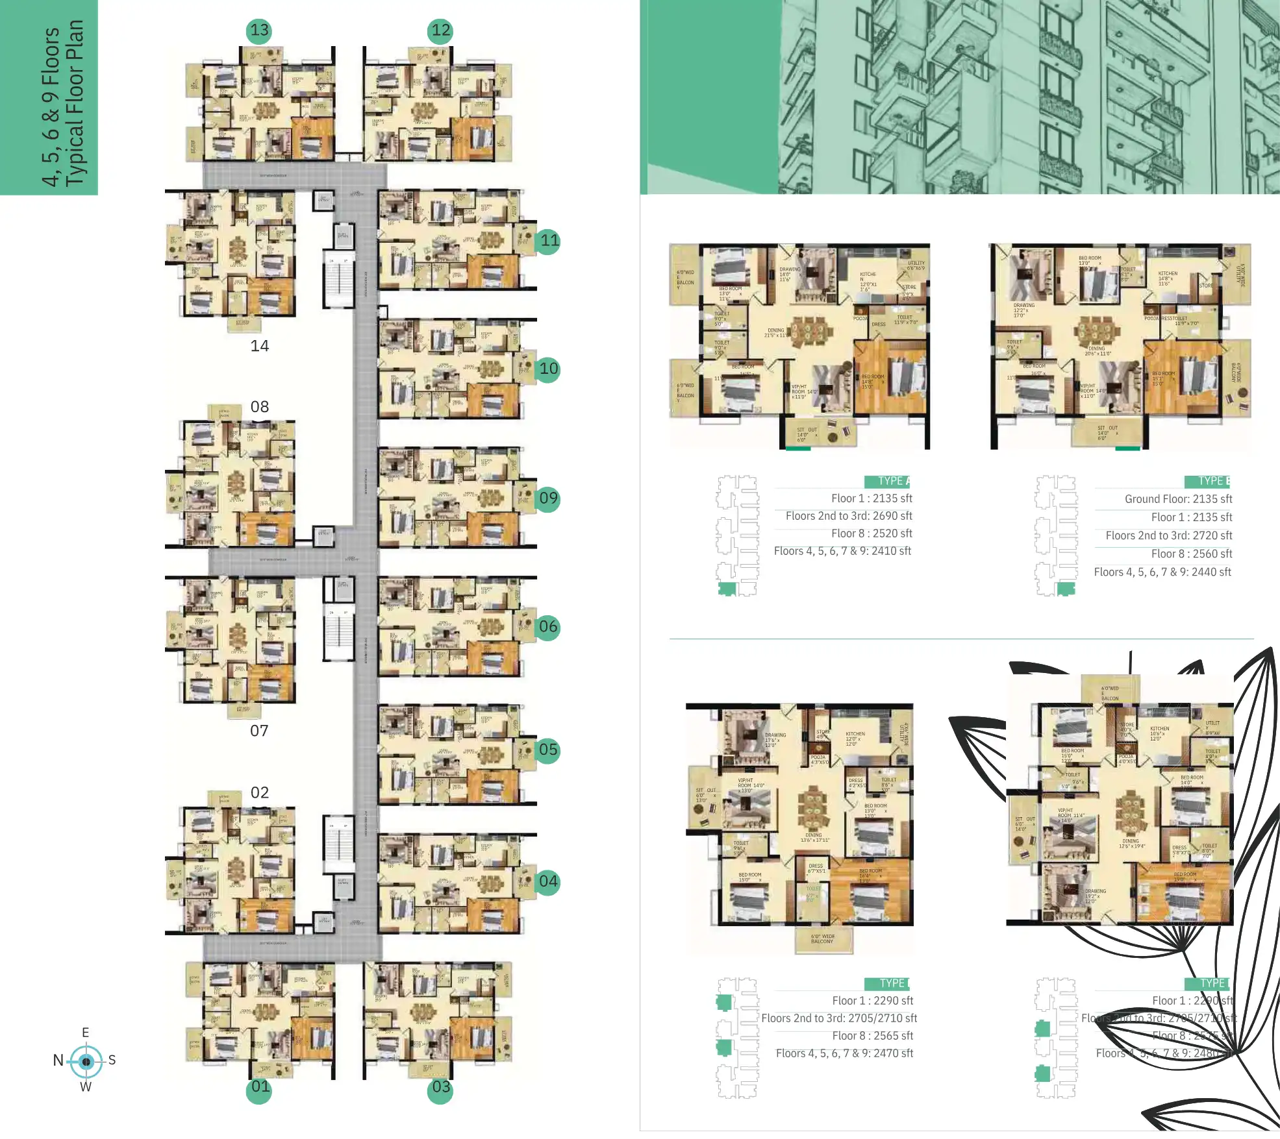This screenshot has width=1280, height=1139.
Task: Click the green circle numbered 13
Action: pos(259,31)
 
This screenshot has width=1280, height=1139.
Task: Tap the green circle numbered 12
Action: pos(440,31)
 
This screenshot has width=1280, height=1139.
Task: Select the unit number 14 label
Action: pos(259,346)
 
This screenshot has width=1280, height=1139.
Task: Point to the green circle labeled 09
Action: pos(548,498)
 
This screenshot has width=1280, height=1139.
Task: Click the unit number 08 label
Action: pos(259,407)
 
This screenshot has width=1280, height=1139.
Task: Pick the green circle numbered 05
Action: pos(548,750)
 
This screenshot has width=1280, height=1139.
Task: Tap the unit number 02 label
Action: pos(259,792)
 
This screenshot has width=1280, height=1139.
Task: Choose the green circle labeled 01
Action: pos(260,1087)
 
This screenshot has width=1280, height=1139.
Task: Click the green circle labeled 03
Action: pos(441,1087)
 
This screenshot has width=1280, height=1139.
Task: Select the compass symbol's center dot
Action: pos(86,1062)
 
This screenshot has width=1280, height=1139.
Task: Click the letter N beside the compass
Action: pos(58,1060)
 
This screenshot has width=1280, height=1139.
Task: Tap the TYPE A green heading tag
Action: pos(887,481)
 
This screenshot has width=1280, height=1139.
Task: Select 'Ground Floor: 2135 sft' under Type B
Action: pos(1178,499)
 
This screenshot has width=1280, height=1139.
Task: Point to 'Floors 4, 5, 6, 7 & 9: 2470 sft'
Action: pos(844,1053)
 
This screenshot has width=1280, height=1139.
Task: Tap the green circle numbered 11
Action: pos(549,241)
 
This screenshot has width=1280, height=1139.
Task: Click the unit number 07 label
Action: pos(259,731)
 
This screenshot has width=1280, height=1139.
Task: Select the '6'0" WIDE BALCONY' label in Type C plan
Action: pos(822,939)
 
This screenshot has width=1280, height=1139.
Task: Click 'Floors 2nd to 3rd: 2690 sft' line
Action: pos(848,516)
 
